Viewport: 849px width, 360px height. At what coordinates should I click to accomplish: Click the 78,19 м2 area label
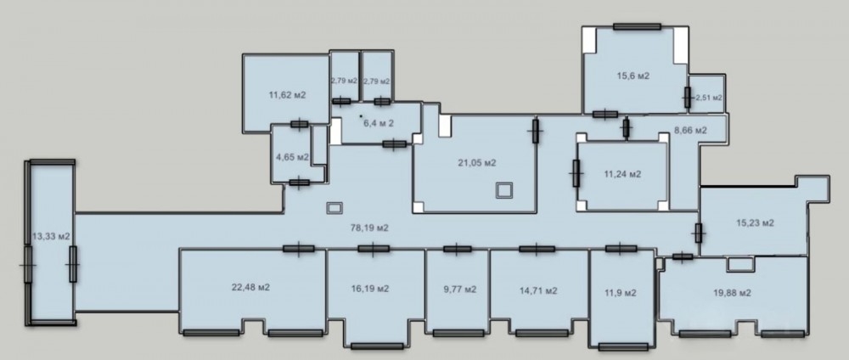tap(370, 228)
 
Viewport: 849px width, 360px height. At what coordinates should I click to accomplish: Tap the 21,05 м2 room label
tap(477, 162)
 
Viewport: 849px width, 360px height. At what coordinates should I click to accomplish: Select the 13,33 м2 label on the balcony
tap(52, 236)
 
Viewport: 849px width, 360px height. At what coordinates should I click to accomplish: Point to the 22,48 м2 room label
tap(250, 288)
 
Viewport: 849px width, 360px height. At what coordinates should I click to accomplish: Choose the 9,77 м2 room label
tap(459, 289)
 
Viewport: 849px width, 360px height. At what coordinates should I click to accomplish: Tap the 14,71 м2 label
tap(538, 290)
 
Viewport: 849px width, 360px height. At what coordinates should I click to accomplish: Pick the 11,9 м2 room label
tap(621, 293)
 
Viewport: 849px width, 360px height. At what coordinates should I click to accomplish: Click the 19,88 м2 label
tap(732, 293)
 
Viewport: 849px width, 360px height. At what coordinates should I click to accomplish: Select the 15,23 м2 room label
tap(755, 223)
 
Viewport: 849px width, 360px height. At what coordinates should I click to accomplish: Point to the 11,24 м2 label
tap(622, 174)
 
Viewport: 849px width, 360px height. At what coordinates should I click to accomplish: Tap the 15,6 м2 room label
tap(633, 76)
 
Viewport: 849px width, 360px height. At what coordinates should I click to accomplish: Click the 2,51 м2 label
tap(709, 98)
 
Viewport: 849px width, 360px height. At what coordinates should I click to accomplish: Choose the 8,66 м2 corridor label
tap(690, 131)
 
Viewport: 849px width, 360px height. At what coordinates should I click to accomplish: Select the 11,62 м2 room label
tap(288, 95)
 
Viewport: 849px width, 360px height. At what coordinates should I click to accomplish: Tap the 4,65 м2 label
tap(292, 158)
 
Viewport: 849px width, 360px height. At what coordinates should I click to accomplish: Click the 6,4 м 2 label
tap(379, 123)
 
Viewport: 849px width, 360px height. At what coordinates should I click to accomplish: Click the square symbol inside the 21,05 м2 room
tap(504, 190)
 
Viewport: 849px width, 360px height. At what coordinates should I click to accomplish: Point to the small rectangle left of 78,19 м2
tap(335, 208)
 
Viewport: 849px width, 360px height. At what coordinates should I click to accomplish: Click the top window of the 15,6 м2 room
tap(637, 26)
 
